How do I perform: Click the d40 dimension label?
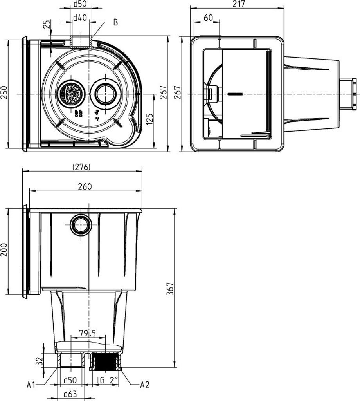(x=81, y=17)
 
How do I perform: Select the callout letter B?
(x=115, y=22)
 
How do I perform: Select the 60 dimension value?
(x=208, y=18)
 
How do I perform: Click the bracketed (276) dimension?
(x=82, y=167)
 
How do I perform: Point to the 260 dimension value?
(x=85, y=186)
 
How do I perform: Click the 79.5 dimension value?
(x=88, y=333)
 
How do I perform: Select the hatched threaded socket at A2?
(x=105, y=362)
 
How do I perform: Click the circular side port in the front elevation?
(x=81, y=225)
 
